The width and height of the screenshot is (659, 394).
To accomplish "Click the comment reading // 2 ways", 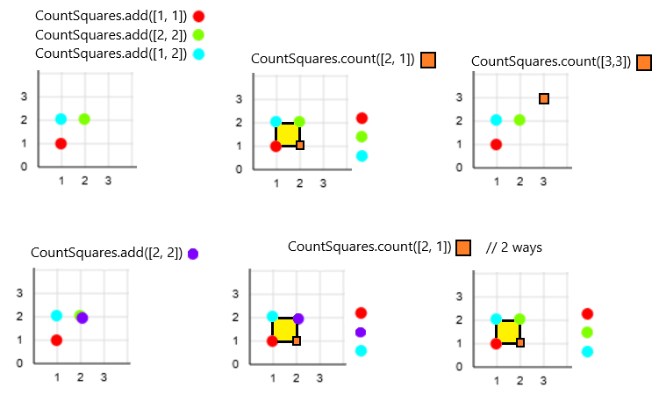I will click(x=514, y=247).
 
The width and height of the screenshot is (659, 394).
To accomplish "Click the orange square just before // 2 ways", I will click(x=463, y=247).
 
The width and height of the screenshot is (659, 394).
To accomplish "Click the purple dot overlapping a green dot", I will click(x=82, y=318).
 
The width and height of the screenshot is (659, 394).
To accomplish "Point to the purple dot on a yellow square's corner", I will click(x=297, y=319).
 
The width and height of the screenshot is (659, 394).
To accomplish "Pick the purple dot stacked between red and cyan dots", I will click(x=361, y=332).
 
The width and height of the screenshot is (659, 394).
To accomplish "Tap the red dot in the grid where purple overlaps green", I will click(x=56, y=340).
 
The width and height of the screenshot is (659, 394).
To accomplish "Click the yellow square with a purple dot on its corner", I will click(x=285, y=330).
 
